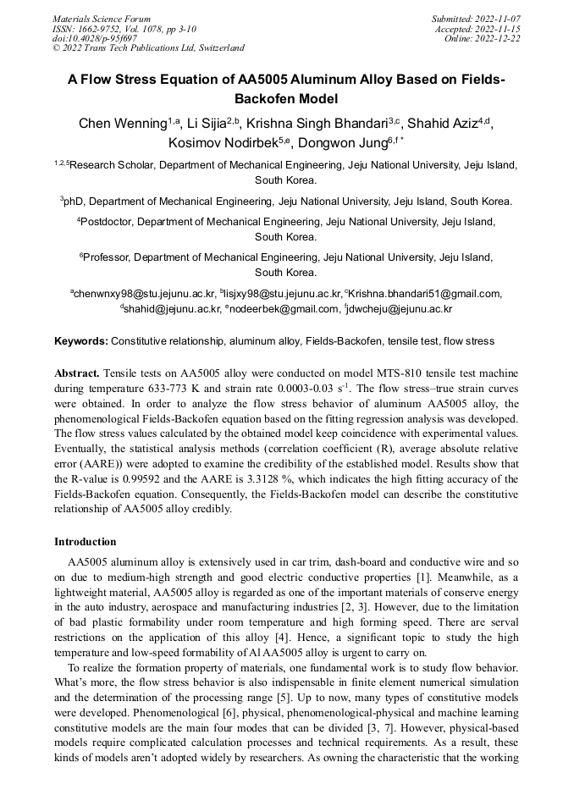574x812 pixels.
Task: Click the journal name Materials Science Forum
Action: pyautogui.click(x=102, y=19)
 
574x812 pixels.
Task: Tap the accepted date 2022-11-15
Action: pyautogui.click(x=499, y=29)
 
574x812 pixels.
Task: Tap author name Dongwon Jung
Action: pyautogui.click(x=335, y=142)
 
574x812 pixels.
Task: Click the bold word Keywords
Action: pyautogui.click(x=80, y=341)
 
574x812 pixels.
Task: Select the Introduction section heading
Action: pyautogui.click(x=86, y=542)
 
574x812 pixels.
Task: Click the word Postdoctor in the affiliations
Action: pyautogui.click(x=107, y=222)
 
